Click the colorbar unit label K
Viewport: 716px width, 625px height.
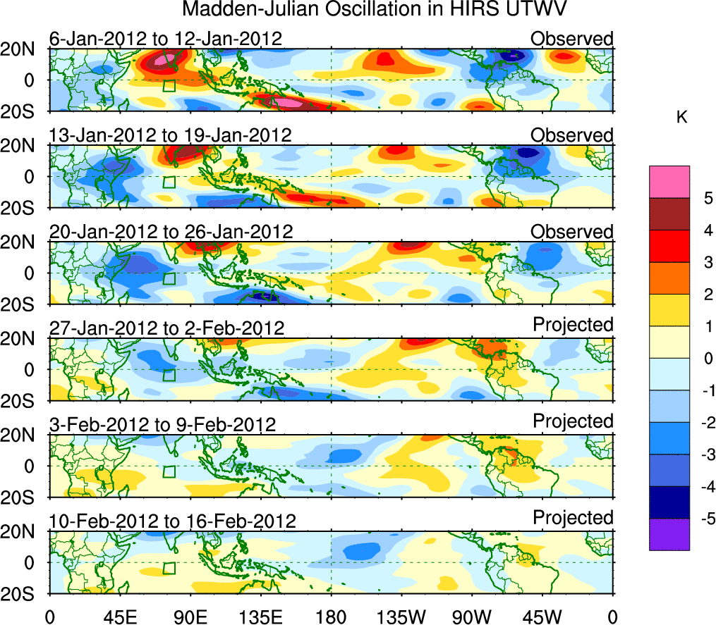[x=681, y=118]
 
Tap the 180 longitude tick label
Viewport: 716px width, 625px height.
[x=332, y=615]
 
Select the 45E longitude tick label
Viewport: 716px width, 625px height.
[x=121, y=615]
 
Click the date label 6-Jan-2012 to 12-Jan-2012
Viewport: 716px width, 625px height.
[x=166, y=38]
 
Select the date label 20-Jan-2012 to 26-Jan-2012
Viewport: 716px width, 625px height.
[x=170, y=231]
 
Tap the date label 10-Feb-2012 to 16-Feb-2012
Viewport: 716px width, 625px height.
[x=172, y=521]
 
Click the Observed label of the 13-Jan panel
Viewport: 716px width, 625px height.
[x=572, y=135]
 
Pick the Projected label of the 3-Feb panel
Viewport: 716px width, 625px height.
[x=573, y=421]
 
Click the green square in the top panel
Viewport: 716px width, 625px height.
[x=169, y=86]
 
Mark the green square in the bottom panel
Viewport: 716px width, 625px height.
[x=169, y=568]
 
